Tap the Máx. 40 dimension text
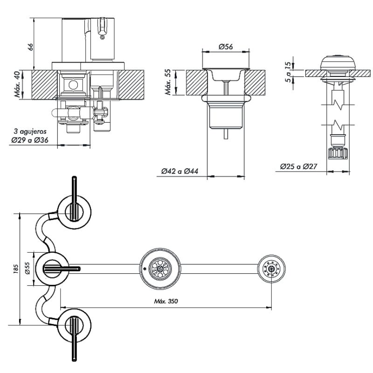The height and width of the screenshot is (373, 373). [x=17, y=84]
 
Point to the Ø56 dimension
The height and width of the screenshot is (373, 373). [x=226, y=47]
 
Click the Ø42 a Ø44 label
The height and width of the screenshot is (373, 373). [x=180, y=172]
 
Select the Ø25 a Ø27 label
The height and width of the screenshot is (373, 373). [x=298, y=166]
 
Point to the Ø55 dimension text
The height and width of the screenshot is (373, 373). [x=28, y=269]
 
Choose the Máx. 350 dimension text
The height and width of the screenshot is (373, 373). [x=166, y=301]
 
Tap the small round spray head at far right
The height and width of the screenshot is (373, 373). [x=271, y=268]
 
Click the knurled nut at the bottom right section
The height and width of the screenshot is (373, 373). [x=338, y=153]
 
